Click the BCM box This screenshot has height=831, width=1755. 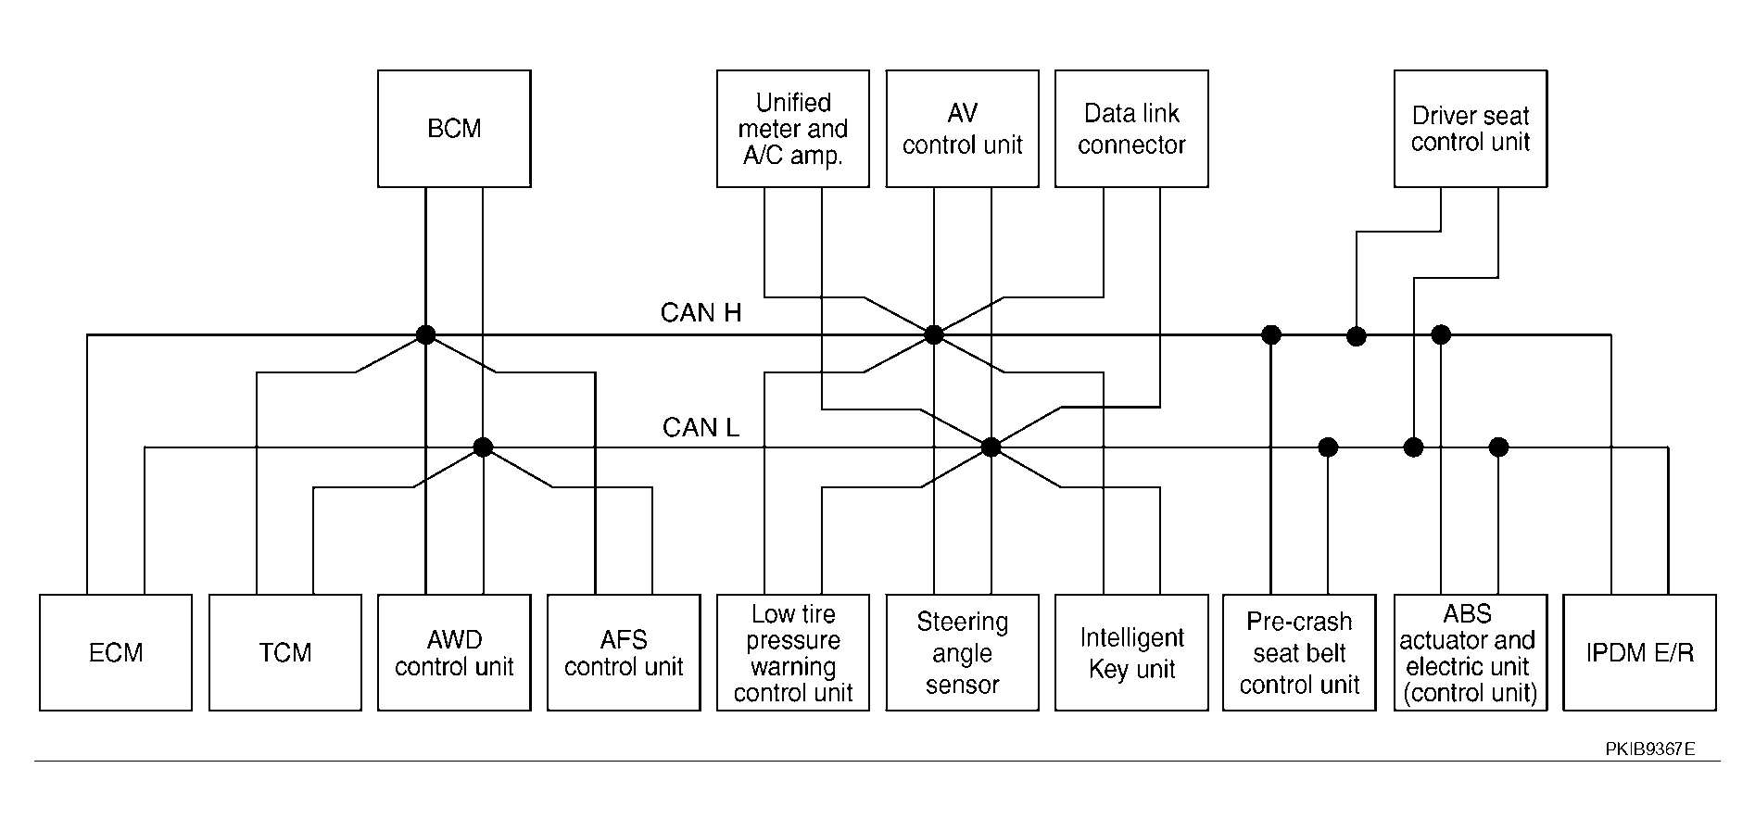click(x=454, y=129)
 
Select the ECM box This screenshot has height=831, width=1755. click(x=116, y=652)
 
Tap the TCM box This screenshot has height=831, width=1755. click(x=285, y=652)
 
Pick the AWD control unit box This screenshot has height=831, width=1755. click(x=454, y=652)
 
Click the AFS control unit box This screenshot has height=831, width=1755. click(x=624, y=652)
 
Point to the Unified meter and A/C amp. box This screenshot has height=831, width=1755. click(x=793, y=129)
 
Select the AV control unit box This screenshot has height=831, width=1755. click(x=962, y=129)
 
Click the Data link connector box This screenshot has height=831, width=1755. click(x=1131, y=129)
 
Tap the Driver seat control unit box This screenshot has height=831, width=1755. click(x=1471, y=129)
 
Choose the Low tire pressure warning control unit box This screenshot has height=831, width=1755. click(x=793, y=652)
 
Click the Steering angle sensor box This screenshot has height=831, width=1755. click(x=962, y=652)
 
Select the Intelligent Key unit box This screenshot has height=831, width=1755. click(x=1131, y=652)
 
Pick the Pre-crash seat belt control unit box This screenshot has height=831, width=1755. click(x=1299, y=652)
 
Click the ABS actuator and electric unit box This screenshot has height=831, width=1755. click(x=1471, y=652)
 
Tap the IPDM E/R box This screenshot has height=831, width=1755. click(x=1640, y=652)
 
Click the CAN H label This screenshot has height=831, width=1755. click(x=701, y=313)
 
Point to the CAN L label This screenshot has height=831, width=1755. click(x=701, y=427)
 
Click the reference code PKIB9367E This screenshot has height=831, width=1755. click(x=1650, y=749)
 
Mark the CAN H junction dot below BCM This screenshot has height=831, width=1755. click(x=425, y=334)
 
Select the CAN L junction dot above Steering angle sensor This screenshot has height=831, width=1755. click(x=991, y=447)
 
